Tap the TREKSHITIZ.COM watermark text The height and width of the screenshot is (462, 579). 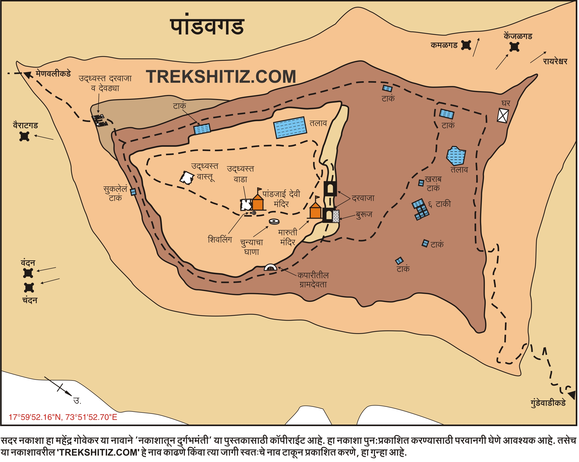click(221, 77)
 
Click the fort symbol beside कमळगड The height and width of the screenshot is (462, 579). click(466, 45)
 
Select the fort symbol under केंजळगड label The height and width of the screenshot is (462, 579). click(514, 47)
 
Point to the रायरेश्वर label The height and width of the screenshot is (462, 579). click(555, 62)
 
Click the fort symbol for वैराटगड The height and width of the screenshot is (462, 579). click(24, 136)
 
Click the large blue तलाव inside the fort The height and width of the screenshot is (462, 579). click(290, 127)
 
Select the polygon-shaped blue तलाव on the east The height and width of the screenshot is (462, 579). click(456, 156)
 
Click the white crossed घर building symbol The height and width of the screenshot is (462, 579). click(503, 115)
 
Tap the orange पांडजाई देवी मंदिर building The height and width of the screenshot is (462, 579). click(257, 203)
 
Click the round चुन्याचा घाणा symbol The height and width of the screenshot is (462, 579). click(274, 221)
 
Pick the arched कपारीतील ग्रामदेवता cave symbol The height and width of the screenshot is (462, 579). click(271, 267)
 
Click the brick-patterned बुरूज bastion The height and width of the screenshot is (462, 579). click(336, 216)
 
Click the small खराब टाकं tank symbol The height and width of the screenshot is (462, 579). click(421, 183)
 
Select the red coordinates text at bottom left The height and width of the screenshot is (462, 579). click(63, 417)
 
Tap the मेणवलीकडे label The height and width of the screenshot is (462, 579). click(53, 74)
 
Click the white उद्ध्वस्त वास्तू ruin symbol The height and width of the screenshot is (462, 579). click(187, 178)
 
